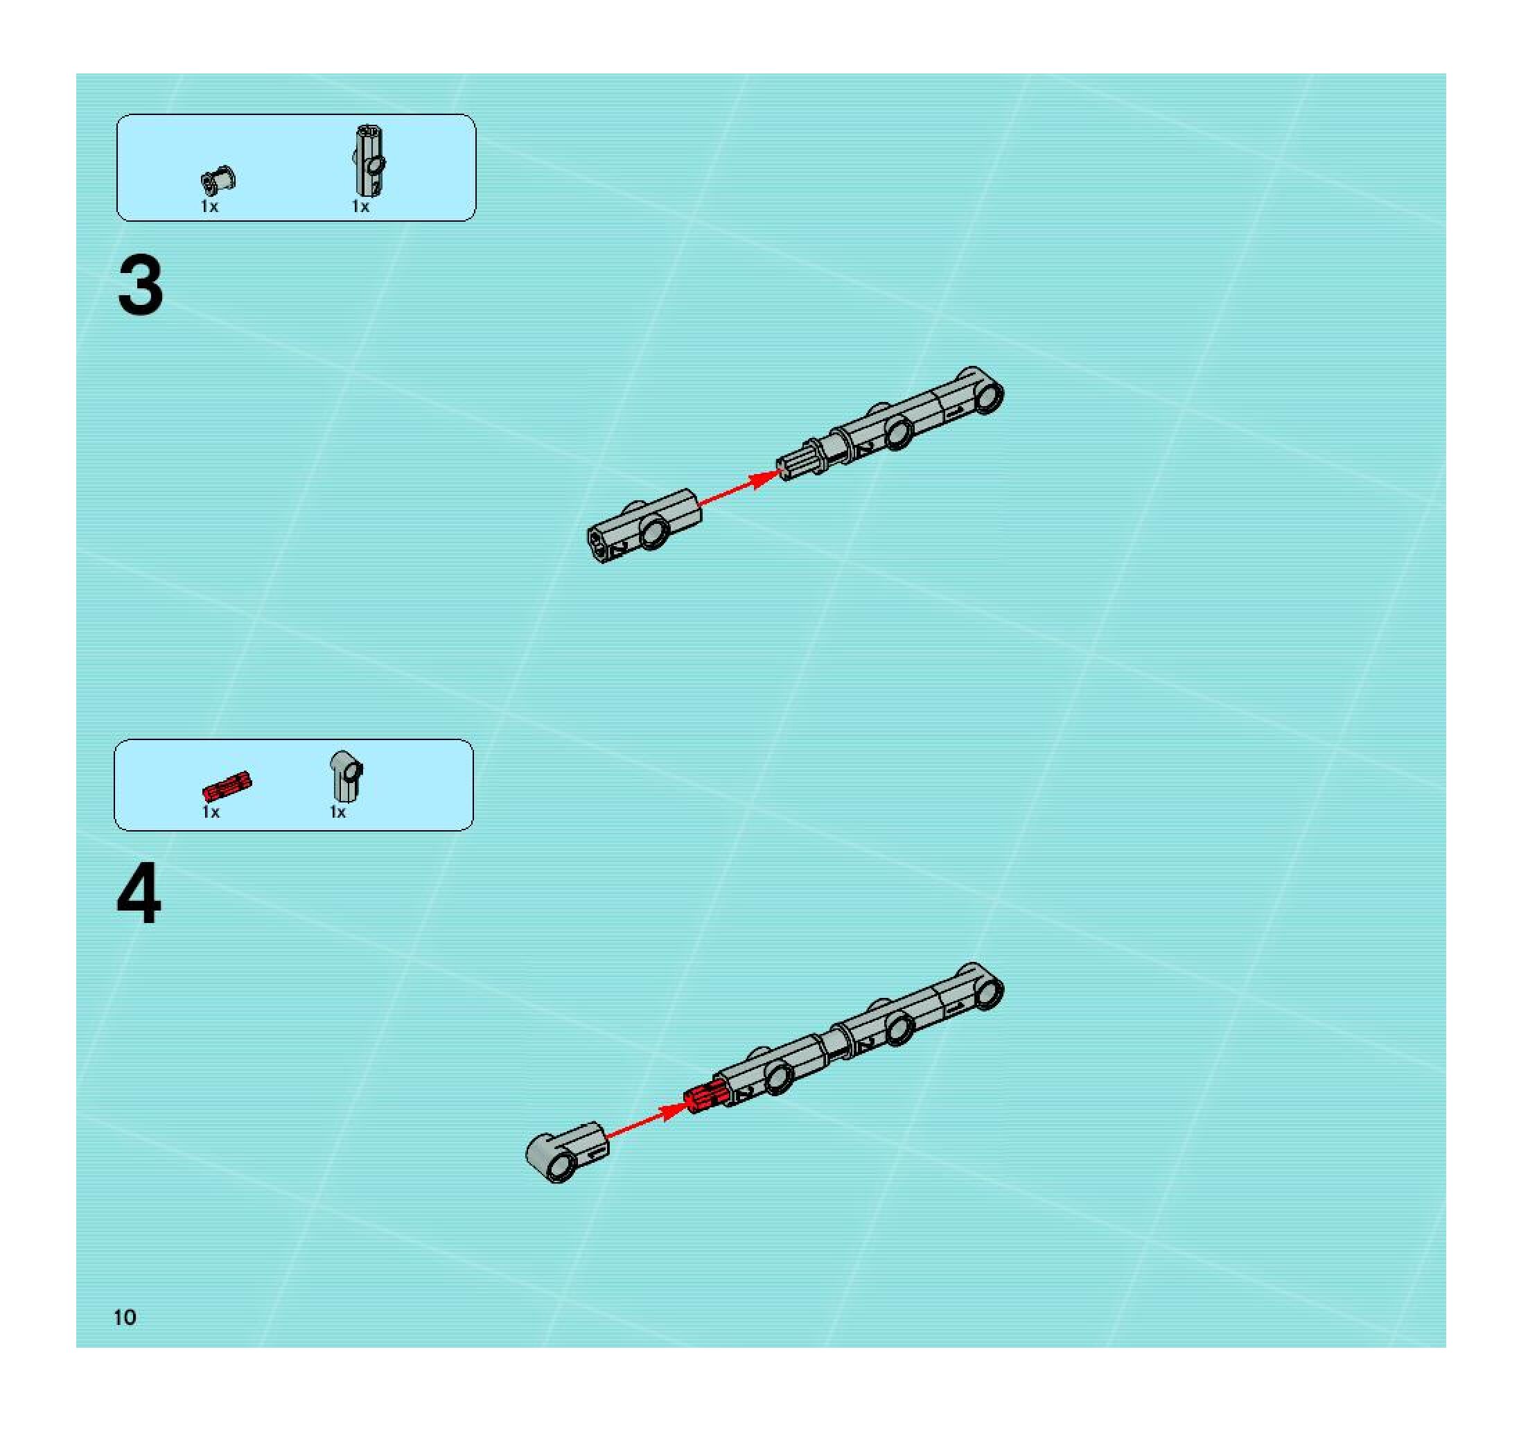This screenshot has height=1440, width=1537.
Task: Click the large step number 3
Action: tap(141, 286)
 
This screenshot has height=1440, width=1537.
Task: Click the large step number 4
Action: tap(139, 895)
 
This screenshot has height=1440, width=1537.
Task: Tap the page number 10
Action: tap(125, 1317)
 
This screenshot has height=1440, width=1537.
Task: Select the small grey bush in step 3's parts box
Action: tap(219, 181)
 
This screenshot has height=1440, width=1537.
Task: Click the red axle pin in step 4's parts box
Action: tap(227, 786)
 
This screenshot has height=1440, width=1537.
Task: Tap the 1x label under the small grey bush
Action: tap(209, 207)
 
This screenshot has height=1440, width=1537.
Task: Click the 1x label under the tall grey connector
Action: tap(360, 207)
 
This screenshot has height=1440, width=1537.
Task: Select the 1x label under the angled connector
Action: tap(338, 812)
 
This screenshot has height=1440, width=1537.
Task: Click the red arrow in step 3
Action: tap(738, 489)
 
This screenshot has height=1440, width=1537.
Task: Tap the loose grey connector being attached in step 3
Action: tap(644, 525)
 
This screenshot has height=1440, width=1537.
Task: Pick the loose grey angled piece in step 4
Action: tap(567, 1152)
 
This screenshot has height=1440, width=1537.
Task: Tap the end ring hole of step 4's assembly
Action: tap(987, 992)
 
